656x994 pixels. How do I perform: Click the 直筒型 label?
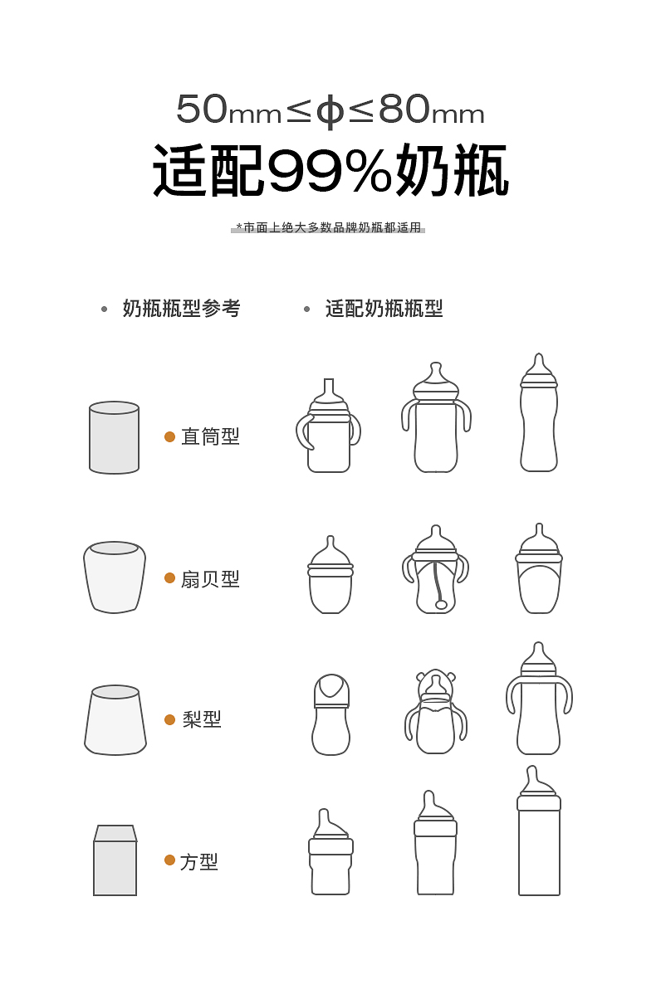coord(211,436)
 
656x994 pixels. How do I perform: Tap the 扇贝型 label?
coord(211,579)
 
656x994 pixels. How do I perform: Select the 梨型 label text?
coord(202,719)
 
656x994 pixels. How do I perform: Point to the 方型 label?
coord(199,861)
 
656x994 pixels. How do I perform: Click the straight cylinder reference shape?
coord(115,437)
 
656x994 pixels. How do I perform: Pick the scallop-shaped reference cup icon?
coord(115,577)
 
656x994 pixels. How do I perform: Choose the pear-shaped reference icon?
coord(115,720)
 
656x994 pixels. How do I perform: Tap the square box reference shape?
coord(115,860)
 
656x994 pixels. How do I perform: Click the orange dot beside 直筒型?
coord(169,436)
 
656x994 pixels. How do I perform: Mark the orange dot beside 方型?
coord(169,860)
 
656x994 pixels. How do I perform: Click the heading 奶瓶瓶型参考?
coord(182,309)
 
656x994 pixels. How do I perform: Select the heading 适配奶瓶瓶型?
coord(384,309)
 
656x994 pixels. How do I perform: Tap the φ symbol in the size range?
coord(330,111)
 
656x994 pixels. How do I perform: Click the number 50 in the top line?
coord(202,109)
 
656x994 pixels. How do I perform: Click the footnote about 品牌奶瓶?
coord(329,227)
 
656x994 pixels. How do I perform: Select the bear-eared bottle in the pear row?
coord(436,711)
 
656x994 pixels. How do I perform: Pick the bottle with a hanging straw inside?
coord(436,568)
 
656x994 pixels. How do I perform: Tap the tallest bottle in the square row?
coord(539,831)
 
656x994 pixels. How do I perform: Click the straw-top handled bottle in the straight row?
coord(329,426)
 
